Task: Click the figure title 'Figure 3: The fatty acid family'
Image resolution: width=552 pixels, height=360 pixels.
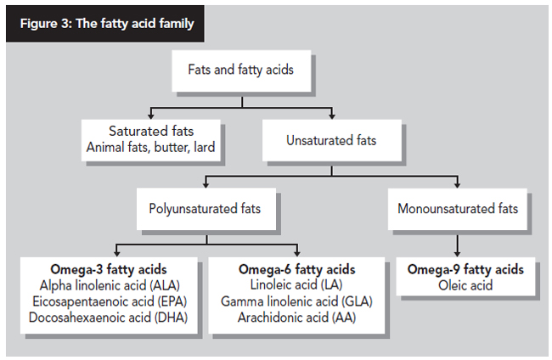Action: tap(107, 24)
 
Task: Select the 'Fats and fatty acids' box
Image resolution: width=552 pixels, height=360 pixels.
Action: tap(241, 70)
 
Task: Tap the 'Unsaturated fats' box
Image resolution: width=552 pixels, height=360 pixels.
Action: tap(331, 140)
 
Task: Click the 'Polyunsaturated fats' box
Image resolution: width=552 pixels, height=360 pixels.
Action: tap(206, 209)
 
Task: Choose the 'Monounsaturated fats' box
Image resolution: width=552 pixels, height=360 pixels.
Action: tap(458, 209)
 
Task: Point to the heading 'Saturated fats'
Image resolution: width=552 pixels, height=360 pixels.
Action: tap(151, 132)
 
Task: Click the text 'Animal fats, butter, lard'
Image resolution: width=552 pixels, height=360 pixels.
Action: tap(150, 147)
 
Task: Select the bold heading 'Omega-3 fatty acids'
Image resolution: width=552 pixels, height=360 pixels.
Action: tap(109, 269)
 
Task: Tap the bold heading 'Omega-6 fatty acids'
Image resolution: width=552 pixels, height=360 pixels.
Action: tap(296, 269)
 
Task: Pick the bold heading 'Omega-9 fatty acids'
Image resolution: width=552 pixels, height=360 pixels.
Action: tap(465, 269)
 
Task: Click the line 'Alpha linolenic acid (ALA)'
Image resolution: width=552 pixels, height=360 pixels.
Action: tap(110, 285)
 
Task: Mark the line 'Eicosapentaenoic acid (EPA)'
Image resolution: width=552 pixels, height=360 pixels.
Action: tap(110, 301)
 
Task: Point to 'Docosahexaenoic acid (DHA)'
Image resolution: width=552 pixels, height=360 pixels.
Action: tap(108, 318)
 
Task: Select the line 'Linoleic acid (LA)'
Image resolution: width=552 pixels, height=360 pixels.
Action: tap(296, 284)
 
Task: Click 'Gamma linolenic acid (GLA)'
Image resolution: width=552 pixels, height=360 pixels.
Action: tap(296, 301)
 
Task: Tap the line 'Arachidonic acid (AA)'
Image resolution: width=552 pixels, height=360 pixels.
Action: tap(296, 318)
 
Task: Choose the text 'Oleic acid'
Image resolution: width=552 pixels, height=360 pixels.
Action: tap(465, 285)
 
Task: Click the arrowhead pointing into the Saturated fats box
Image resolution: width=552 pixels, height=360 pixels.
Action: tap(151, 115)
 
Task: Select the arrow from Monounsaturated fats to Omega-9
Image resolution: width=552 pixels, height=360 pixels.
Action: tap(457, 245)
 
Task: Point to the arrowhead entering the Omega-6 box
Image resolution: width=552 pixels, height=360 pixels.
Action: tap(297, 253)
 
